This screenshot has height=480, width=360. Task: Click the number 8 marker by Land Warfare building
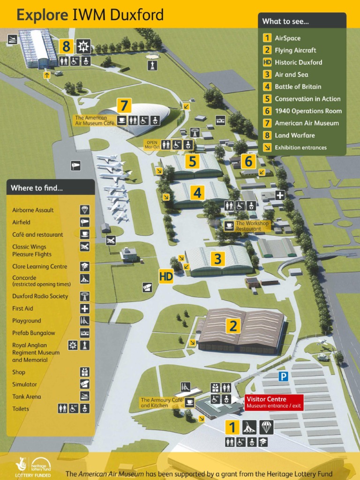[x=67, y=46]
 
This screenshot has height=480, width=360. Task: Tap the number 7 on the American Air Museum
[x=123, y=105]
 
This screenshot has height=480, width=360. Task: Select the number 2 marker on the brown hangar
[x=232, y=325]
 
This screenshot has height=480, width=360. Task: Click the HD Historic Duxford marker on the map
[x=166, y=276]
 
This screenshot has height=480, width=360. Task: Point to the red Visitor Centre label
[x=274, y=402]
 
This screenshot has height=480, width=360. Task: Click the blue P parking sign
[x=283, y=376]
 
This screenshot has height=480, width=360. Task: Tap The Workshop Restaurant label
[x=252, y=226]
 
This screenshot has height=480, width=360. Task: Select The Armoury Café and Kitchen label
[x=162, y=403]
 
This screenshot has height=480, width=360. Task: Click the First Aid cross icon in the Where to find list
[x=84, y=308]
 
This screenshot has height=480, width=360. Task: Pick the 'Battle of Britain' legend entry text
[x=298, y=87]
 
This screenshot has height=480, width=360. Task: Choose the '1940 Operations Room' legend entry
[x=308, y=111]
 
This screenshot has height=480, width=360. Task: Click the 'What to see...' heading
[x=285, y=21]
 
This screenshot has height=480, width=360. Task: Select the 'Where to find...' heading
[x=37, y=188]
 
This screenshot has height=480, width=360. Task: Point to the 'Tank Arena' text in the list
[x=26, y=397]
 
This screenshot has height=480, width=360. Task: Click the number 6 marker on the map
[x=248, y=161]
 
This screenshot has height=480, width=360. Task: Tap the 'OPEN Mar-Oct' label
[x=151, y=144]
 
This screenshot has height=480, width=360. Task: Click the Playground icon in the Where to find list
[x=84, y=321]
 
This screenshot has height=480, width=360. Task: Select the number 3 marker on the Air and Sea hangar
[x=217, y=258]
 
